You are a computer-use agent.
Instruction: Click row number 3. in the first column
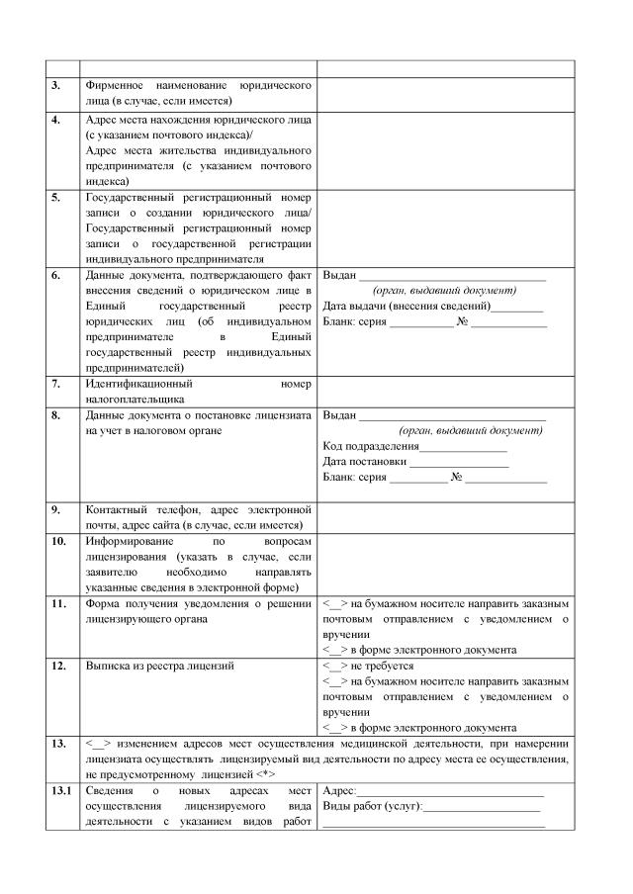[56, 86]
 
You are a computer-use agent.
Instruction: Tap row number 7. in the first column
[56, 383]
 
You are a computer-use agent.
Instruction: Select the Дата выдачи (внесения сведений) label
[407, 308]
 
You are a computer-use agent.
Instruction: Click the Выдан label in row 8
[339, 414]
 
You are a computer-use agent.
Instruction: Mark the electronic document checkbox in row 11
[335, 650]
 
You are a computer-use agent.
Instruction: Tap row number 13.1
[59, 791]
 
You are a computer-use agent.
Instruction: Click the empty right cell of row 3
[445, 93]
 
